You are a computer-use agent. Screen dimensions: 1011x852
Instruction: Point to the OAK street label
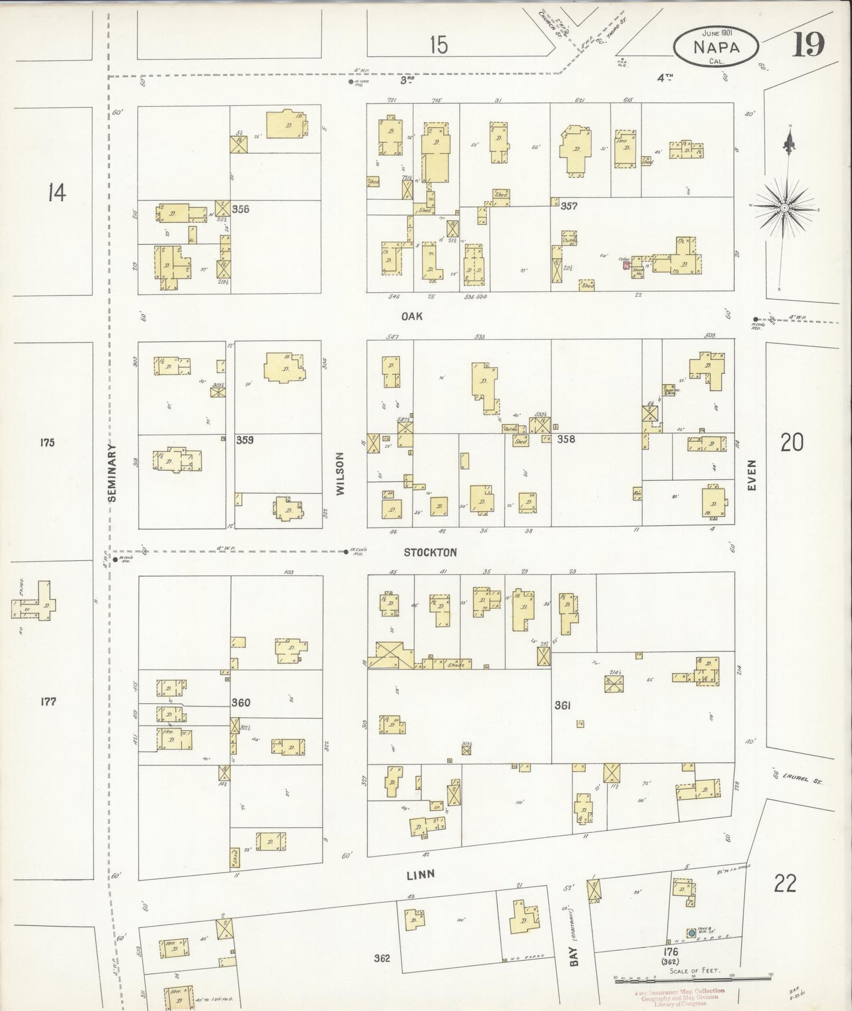(412, 317)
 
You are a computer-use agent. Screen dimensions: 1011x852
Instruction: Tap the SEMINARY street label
(112, 473)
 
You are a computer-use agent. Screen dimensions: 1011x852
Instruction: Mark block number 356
(241, 209)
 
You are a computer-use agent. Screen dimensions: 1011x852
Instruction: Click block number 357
(569, 206)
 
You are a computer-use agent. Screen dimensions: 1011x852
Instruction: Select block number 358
(566, 439)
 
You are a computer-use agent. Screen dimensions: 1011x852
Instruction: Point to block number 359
(245, 439)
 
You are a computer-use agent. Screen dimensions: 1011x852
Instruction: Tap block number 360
(241, 703)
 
